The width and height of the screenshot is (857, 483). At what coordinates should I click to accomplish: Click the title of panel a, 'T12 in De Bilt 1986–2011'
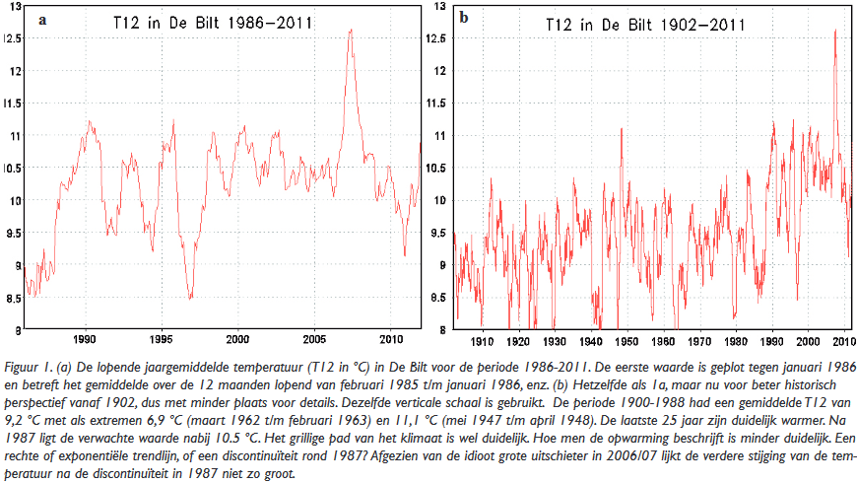(213, 23)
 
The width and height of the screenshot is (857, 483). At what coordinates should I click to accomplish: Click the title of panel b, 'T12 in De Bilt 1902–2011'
(645, 25)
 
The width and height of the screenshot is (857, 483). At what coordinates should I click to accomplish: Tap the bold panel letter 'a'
(42, 21)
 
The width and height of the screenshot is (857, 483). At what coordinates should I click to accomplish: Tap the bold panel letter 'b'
(464, 18)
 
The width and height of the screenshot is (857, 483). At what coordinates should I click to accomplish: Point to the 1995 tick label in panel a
(162, 339)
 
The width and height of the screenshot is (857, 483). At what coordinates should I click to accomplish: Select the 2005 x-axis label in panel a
(314, 339)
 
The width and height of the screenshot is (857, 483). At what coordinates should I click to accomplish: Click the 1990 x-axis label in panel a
(85, 339)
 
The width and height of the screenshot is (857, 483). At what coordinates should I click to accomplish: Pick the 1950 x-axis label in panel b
(626, 341)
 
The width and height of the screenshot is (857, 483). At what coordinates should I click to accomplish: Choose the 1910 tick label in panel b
(482, 341)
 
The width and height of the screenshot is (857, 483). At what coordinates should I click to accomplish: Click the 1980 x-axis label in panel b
(735, 341)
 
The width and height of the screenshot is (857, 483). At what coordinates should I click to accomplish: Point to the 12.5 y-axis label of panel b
(435, 38)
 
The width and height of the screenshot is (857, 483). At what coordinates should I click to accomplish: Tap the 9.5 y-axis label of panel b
(437, 233)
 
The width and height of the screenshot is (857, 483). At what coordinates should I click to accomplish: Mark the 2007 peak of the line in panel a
(351, 30)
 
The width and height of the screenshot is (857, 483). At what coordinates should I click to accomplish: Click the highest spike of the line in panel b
(835, 31)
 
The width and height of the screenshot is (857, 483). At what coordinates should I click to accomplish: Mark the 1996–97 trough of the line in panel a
(190, 298)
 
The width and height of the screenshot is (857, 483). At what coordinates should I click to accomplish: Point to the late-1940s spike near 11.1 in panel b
(622, 129)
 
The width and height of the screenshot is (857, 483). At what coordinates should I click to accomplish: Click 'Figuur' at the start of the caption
(22, 367)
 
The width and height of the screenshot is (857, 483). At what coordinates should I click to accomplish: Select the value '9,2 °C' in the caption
(21, 420)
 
